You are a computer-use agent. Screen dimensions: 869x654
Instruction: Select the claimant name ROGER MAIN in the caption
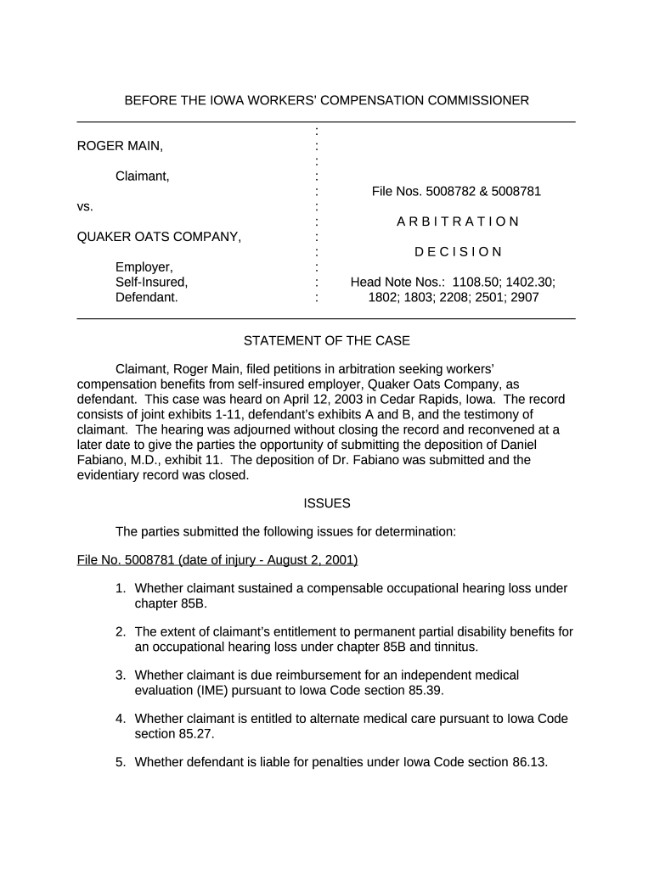pyautogui.click(x=120, y=146)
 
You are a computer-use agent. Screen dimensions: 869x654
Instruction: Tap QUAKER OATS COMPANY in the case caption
pyautogui.click(x=159, y=237)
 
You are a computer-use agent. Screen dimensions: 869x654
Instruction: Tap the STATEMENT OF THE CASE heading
pyautogui.click(x=326, y=341)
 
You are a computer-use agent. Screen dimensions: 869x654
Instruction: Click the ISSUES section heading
pyautogui.click(x=326, y=503)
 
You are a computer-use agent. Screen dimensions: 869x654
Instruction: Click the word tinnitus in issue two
pyautogui.click(x=453, y=647)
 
